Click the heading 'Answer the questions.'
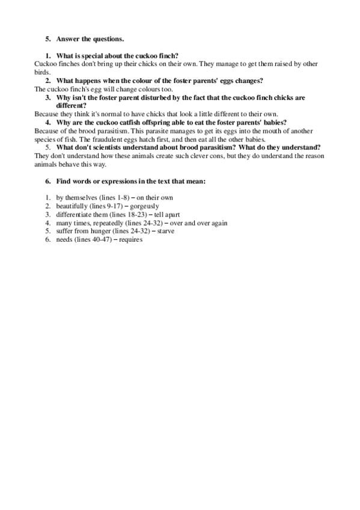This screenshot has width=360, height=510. click(90, 39)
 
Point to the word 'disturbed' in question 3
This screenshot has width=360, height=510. click(165, 96)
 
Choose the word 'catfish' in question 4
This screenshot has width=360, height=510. click(125, 121)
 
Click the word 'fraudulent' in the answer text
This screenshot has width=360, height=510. click(106, 138)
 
